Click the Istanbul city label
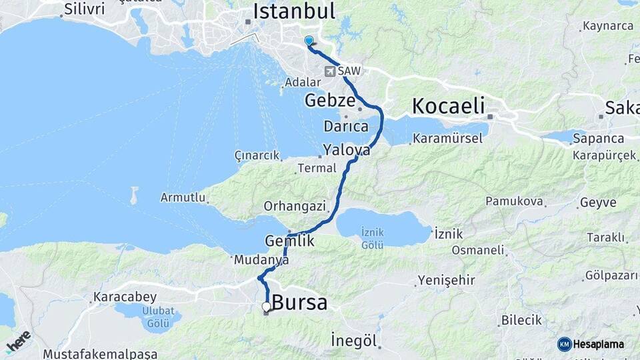point(293,11)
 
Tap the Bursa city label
point(300,303)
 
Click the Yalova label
point(346,149)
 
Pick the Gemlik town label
point(289,241)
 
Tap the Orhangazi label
point(295,206)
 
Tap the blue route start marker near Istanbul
point(309,41)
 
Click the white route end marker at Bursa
point(267,307)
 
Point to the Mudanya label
point(261,261)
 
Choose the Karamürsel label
point(443,139)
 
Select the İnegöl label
point(354,341)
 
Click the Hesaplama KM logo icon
point(564,344)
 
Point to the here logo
point(18,341)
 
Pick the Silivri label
point(85,10)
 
